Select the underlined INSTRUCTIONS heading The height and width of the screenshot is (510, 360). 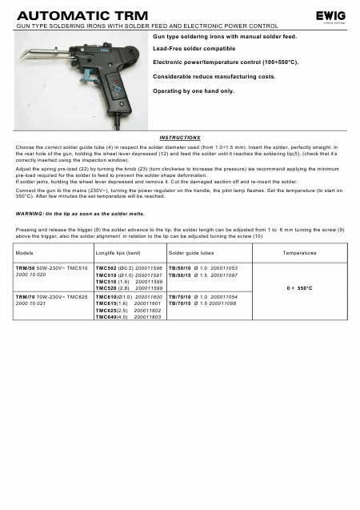tap(179, 137)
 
